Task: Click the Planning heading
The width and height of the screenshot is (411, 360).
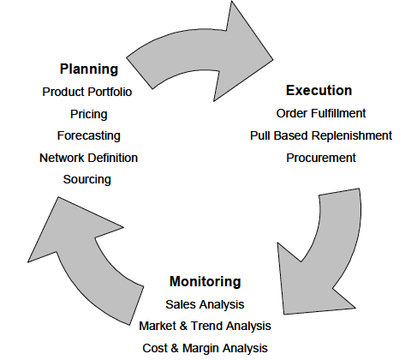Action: tap(89, 69)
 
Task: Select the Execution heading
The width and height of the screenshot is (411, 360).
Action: tap(319, 91)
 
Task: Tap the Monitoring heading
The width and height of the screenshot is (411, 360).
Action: tap(205, 282)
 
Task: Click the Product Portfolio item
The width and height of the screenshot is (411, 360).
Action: tap(87, 92)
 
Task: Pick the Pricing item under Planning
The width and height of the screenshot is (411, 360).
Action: tap(89, 114)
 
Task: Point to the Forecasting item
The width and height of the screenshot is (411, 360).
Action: tap(89, 136)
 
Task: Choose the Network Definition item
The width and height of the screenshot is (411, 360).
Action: tap(88, 158)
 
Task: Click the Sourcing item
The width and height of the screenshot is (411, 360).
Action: tap(87, 180)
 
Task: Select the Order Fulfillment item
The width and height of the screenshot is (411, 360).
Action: tap(321, 113)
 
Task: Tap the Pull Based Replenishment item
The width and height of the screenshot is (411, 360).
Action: tap(321, 135)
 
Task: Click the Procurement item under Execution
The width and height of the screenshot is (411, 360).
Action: tap(321, 158)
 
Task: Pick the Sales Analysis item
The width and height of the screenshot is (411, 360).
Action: tap(205, 304)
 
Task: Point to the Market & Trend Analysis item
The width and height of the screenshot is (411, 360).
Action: tap(205, 326)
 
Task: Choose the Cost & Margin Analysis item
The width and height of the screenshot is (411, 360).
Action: tap(205, 348)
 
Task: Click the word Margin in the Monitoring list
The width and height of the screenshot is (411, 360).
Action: tap(201, 349)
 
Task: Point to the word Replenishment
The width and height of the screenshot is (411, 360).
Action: tap(352, 135)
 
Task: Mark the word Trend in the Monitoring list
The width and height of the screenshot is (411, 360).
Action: tap(205, 326)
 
